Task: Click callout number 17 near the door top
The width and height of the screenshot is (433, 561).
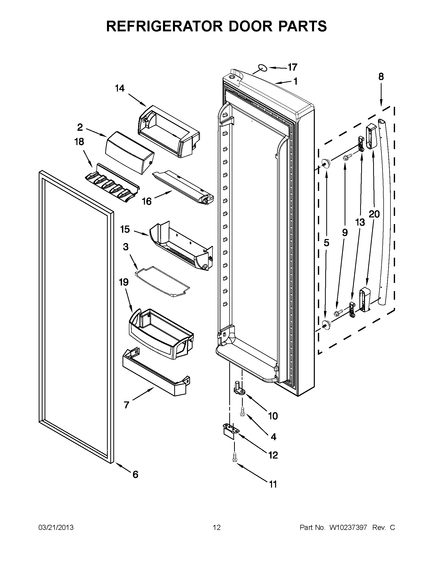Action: [292, 67]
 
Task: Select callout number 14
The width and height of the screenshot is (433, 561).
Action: [120, 88]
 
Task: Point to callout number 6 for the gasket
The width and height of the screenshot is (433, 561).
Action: [135, 474]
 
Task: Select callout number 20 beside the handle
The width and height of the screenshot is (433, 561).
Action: [374, 214]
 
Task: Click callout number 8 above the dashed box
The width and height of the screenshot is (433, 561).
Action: [381, 76]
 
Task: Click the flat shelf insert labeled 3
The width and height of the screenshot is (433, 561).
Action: [163, 281]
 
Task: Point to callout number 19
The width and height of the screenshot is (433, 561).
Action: [124, 282]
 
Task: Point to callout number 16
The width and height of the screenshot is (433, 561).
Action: [147, 201]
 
